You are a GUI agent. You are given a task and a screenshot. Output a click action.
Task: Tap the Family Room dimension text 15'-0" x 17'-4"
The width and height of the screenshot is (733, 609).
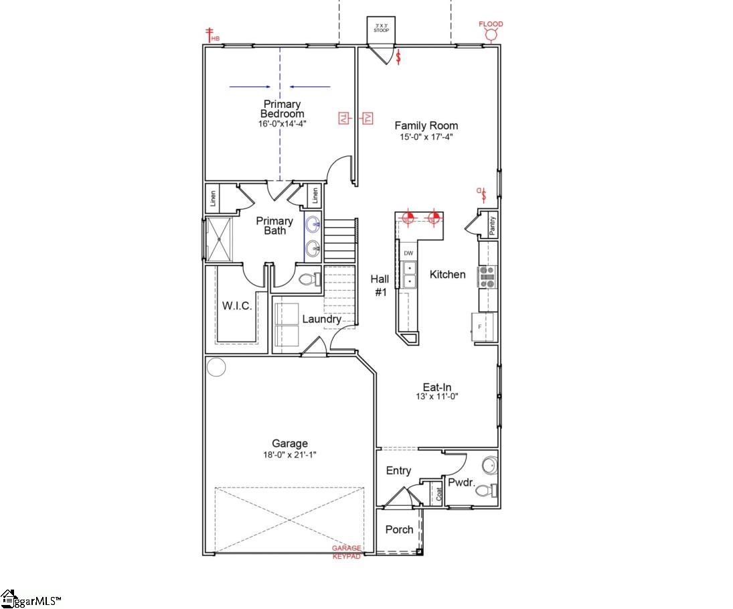point(426,137)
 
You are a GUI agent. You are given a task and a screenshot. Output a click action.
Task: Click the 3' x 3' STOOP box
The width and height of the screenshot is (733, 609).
point(382,28)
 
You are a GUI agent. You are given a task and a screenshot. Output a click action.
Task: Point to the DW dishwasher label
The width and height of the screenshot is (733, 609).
point(408,253)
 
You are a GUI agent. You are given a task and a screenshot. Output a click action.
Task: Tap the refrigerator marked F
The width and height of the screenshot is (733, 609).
point(484,327)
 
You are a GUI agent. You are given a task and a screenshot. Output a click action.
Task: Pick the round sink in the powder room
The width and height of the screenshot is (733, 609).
point(489,464)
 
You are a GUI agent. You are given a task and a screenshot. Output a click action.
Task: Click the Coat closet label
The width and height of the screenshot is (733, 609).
point(439,493)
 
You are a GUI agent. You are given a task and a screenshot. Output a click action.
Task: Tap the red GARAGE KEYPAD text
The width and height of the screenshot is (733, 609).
point(347,552)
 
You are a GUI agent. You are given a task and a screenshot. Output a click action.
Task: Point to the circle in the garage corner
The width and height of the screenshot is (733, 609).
point(216,366)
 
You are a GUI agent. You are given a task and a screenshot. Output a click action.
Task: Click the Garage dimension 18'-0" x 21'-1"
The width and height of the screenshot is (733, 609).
point(290,454)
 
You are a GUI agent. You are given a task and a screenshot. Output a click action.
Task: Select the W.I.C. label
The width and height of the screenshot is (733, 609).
point(236,306)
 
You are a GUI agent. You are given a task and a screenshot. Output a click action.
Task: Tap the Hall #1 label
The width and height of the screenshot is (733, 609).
point(380,285)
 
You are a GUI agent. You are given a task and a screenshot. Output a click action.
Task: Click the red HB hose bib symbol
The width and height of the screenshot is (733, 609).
point(211,35)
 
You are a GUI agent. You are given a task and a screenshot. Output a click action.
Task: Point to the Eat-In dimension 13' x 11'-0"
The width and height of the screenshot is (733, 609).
point(440,396)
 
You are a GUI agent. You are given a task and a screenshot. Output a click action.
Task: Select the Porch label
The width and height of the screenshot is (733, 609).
point(400,529)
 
